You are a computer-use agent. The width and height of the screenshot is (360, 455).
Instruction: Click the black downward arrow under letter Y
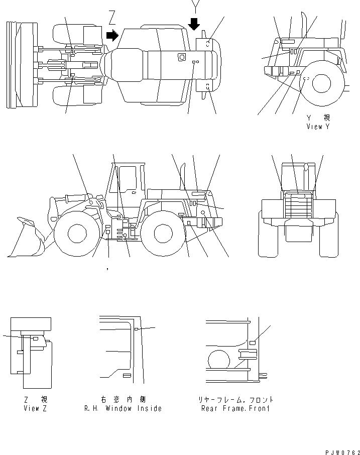[x=195, y=23]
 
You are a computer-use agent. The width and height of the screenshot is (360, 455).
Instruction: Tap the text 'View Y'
[x=318, y=127]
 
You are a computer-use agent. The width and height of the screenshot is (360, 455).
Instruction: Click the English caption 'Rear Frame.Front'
[x=235, y=408]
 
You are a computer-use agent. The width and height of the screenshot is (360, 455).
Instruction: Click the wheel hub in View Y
[x=321, y=83]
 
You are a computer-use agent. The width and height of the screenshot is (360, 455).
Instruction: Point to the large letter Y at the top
[x=195, y=7]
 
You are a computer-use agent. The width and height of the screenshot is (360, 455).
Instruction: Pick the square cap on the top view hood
[x=181, y=58]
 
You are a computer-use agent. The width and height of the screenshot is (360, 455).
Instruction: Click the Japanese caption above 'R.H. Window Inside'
[x=123, y=399]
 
